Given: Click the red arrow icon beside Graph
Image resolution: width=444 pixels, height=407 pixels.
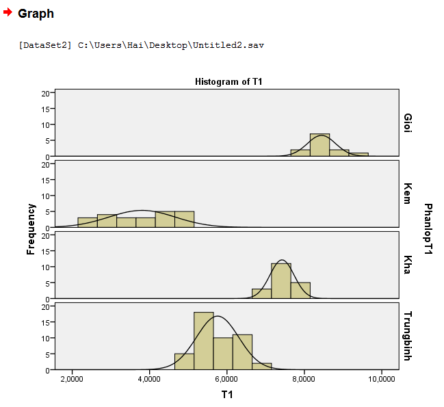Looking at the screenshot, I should pos(8,12).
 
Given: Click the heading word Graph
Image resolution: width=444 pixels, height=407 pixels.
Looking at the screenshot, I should pos(36,14).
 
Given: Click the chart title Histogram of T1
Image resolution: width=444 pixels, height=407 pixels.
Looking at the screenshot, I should pos(228,81).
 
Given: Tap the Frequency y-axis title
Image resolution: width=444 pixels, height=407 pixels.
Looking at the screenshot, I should pos(31,228).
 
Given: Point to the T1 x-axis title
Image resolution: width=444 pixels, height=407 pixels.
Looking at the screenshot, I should pos(228,394).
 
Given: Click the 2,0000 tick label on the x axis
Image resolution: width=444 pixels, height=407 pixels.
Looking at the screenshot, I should pos(72,378).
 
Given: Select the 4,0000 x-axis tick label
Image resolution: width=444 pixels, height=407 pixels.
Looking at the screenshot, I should pos(149,378).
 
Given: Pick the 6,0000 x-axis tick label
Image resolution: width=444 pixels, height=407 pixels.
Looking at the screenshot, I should pos(226,378).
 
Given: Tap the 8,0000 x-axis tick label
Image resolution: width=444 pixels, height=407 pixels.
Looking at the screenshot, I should pos(304,378).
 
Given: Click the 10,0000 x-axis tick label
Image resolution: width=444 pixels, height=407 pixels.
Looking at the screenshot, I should pos(380,378).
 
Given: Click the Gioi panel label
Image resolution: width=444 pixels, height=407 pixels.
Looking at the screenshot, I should pos(408,123).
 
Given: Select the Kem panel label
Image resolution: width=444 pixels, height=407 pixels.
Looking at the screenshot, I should pos(408,194).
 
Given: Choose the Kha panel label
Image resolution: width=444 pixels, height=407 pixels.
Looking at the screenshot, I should pos(408,264).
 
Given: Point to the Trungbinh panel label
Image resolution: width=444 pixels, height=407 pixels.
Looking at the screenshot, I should pos(408,336).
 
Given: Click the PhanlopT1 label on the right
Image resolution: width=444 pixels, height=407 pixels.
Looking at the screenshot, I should pos(429,228).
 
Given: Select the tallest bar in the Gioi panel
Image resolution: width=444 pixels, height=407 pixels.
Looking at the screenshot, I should pos(319,145).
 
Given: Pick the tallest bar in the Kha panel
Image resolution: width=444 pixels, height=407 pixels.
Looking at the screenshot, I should pos(281,280).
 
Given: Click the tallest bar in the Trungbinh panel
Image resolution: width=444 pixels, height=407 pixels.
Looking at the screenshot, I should pos(204,341).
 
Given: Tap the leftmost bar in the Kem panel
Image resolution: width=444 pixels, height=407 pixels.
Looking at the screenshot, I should pos(88,222).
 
